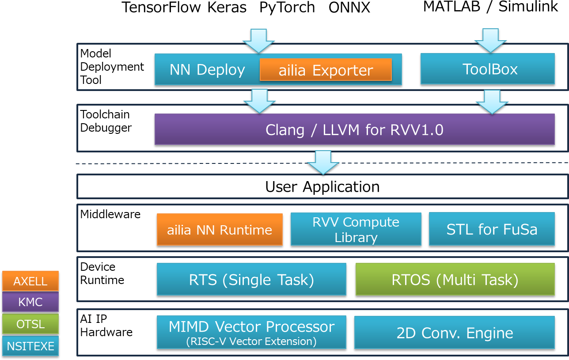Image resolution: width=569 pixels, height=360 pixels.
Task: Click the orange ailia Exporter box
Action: pyautogui.click(x=326, y=70)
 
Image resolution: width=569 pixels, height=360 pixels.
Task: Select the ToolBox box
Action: pyautogui.click(x=487, y=69)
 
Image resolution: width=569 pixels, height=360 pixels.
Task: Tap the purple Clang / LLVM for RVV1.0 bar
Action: pyautogui.click(x=354, y=129)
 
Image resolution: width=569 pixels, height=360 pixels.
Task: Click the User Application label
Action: pyautogui.click(x=322, y=186)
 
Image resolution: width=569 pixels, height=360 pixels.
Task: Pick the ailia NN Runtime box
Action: pyautogui.click(x=220, y=230)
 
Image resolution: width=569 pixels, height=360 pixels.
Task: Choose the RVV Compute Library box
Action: pyautogui.click(x=356, y=229)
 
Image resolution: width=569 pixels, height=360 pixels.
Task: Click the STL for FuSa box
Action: pyautogui.click(x=492, y=229)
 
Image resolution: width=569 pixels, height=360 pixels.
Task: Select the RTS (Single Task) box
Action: pyautogui.click(x=251, y=279)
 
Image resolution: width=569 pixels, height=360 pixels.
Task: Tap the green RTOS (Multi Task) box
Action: pyautogui.click(x=455, y=279)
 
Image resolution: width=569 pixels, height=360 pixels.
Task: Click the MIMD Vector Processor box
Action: pyautogui.click(x=251, y=332)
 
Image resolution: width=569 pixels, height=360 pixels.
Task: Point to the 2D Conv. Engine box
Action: pyautogui.click(x=454, y=332)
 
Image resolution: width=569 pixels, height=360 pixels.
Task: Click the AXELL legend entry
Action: pyautogui.click(x=30, y=281)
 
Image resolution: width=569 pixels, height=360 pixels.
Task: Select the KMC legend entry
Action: pyautogui.click(x=30, y=302)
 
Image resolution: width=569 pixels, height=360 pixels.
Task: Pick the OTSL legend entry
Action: pyautogui.click(x=30, y=324)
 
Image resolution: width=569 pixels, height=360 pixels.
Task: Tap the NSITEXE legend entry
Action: pyautogui.click(x=30, y=345)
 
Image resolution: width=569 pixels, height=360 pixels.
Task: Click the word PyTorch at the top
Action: pyautogui.click(x=287, y=8)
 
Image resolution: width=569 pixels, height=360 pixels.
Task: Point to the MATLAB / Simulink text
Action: pyautogui.click(x=490, y=7)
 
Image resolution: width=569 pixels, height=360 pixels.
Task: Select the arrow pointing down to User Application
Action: pyautogui.click(x=323, y=162)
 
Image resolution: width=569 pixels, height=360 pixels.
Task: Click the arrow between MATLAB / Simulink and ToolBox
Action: pyautogui.click(x=490, y=40)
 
